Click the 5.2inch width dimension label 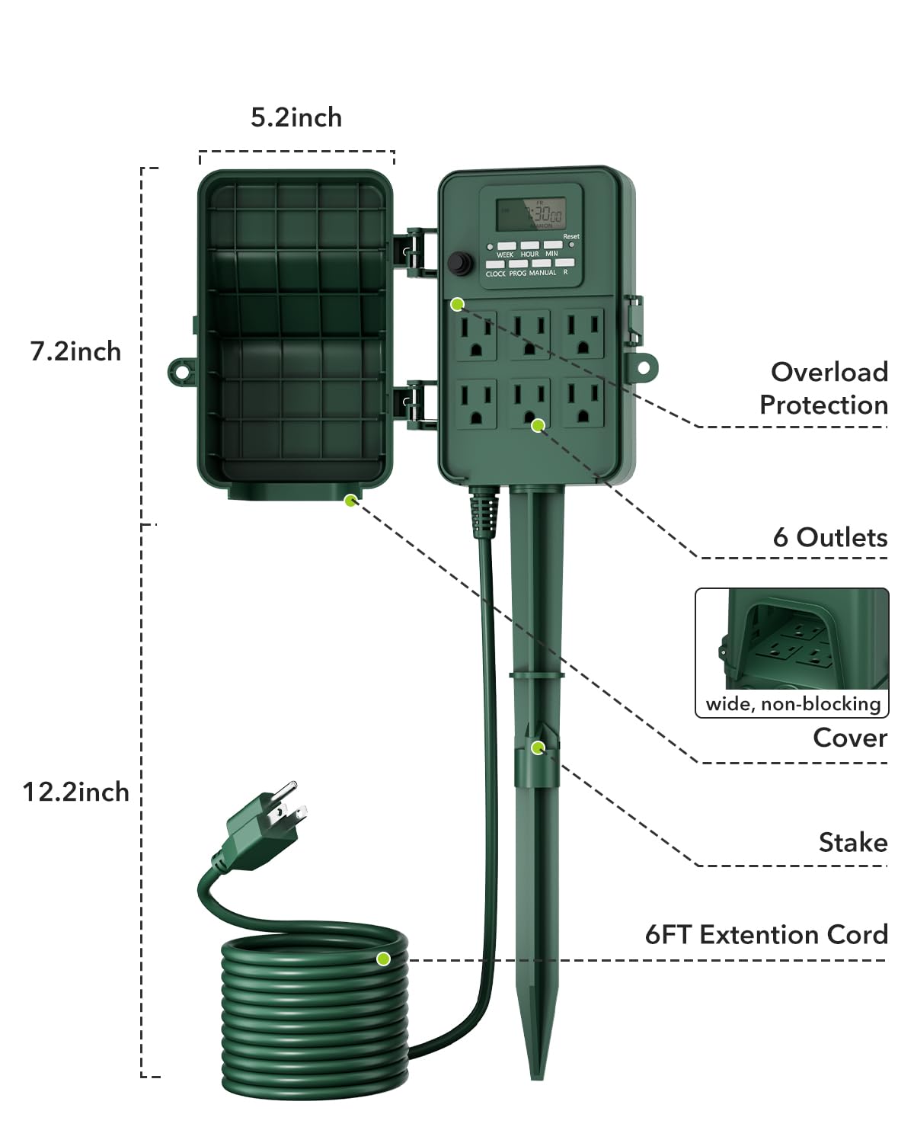click(x=296, y=118)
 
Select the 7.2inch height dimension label click(x=75, y=351)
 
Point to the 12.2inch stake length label click(x=75, y=792)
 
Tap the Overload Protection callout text click(x=824, y=389)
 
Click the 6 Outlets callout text click(x=829, y=538)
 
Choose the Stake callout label click(x=852, y=843)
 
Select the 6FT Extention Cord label click(x=766, y=935)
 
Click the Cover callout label click(x=849, y=738)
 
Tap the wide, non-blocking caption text click(x=792, y=704)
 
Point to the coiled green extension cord click(x=314, y=1013)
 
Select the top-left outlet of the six click(x=476, y=335)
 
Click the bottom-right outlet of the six click(x=583, y=404)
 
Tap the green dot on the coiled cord click(x=383, y=959)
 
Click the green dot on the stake click(x=538, y=748)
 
